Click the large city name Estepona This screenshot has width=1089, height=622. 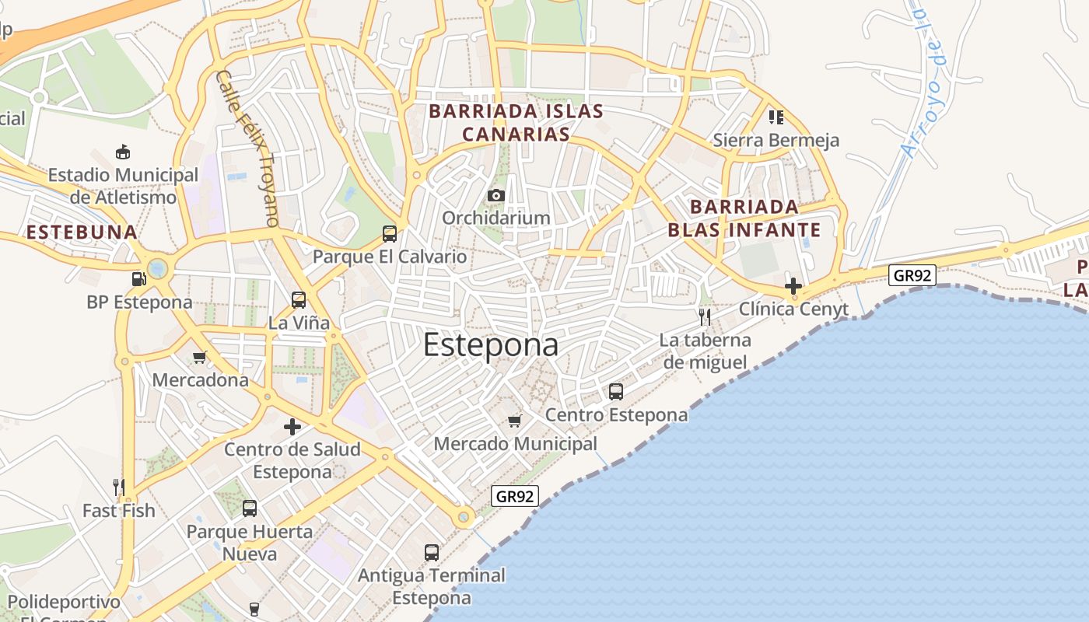(x=491, y=346)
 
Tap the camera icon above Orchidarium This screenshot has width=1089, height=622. (x=495, y=195)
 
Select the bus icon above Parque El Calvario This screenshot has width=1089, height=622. (x=390, y=233)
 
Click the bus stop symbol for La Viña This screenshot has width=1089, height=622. (x=298, y=299)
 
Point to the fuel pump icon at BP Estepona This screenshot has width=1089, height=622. (x=138, y=278)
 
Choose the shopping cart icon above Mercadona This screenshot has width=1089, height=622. (x=200, y=358)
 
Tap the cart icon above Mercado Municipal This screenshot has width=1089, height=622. (x=514, y=421)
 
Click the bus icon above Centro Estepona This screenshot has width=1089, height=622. (x=616, y=391)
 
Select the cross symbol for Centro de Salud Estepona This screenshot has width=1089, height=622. (x=292, y=426)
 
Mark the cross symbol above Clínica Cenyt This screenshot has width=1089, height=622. (x=793, y=285)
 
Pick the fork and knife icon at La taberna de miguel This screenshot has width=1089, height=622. (x=705, y=316)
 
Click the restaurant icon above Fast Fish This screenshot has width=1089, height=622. (x=119, y=487)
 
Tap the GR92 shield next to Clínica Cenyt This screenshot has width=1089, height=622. (x=912, y=275)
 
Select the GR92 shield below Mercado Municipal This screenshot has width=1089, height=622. (x=515, y=496)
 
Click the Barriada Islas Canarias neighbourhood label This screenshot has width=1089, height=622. (x=516, y=123)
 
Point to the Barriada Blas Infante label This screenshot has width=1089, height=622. (x=744, y=218)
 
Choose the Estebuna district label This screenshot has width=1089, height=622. (x=82, y=232)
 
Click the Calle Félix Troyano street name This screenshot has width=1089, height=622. (x=247, y=148)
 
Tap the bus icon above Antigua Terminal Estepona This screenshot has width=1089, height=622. (x=432, y=552)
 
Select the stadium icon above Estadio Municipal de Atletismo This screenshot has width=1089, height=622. (x=122, y=151)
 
